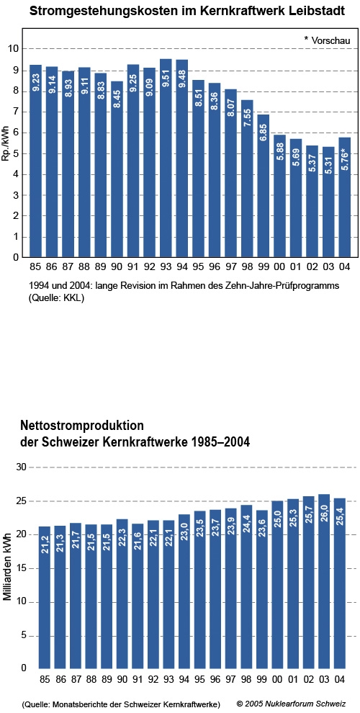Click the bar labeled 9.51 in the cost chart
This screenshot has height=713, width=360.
166,158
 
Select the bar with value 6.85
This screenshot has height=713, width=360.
263,186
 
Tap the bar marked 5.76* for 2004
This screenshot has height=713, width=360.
344,197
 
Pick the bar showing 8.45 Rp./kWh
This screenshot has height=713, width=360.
117,169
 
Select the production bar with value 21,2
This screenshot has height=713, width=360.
45,598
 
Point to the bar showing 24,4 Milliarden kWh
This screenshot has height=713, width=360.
246,586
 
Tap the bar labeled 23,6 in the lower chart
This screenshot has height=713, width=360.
262,589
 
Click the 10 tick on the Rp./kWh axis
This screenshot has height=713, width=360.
14,49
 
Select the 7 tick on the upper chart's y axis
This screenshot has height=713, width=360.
17,112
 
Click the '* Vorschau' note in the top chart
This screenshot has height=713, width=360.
328,40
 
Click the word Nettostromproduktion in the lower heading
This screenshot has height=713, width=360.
82,426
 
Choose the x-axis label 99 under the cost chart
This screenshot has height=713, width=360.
263,267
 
